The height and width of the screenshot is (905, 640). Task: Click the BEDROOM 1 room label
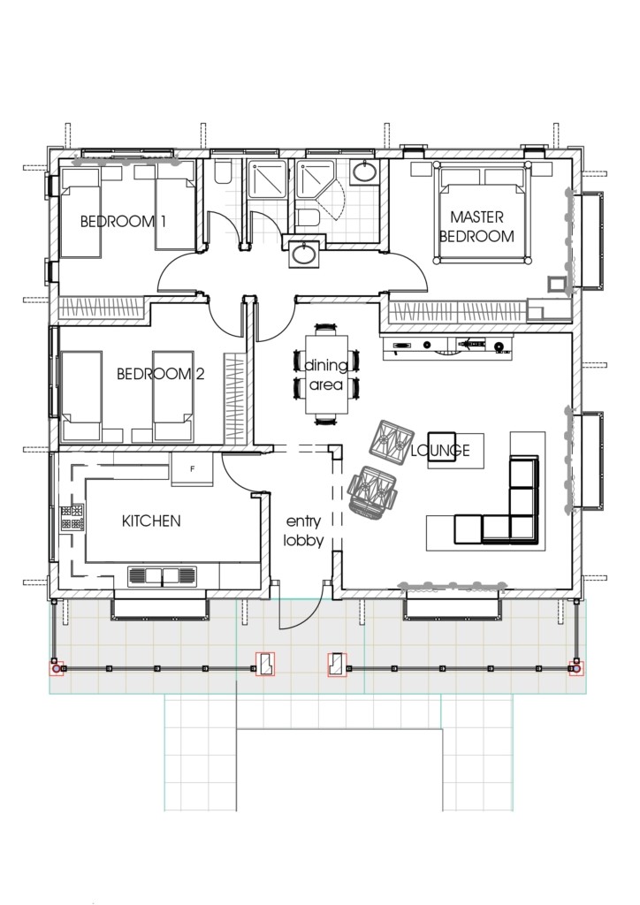(123, 221)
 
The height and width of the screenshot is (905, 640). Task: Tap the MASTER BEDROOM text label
(476, 226)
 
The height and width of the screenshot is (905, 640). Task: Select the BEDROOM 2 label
(160, 374)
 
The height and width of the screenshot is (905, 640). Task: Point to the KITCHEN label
(150, 521)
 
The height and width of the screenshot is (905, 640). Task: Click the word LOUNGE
(439, 451)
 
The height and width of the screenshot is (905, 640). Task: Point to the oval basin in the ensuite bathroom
(362, 173)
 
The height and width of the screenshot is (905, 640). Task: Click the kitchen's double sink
(165, 576)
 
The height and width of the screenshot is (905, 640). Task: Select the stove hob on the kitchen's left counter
(71, 517)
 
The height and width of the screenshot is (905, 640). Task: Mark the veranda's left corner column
(57, 669)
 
